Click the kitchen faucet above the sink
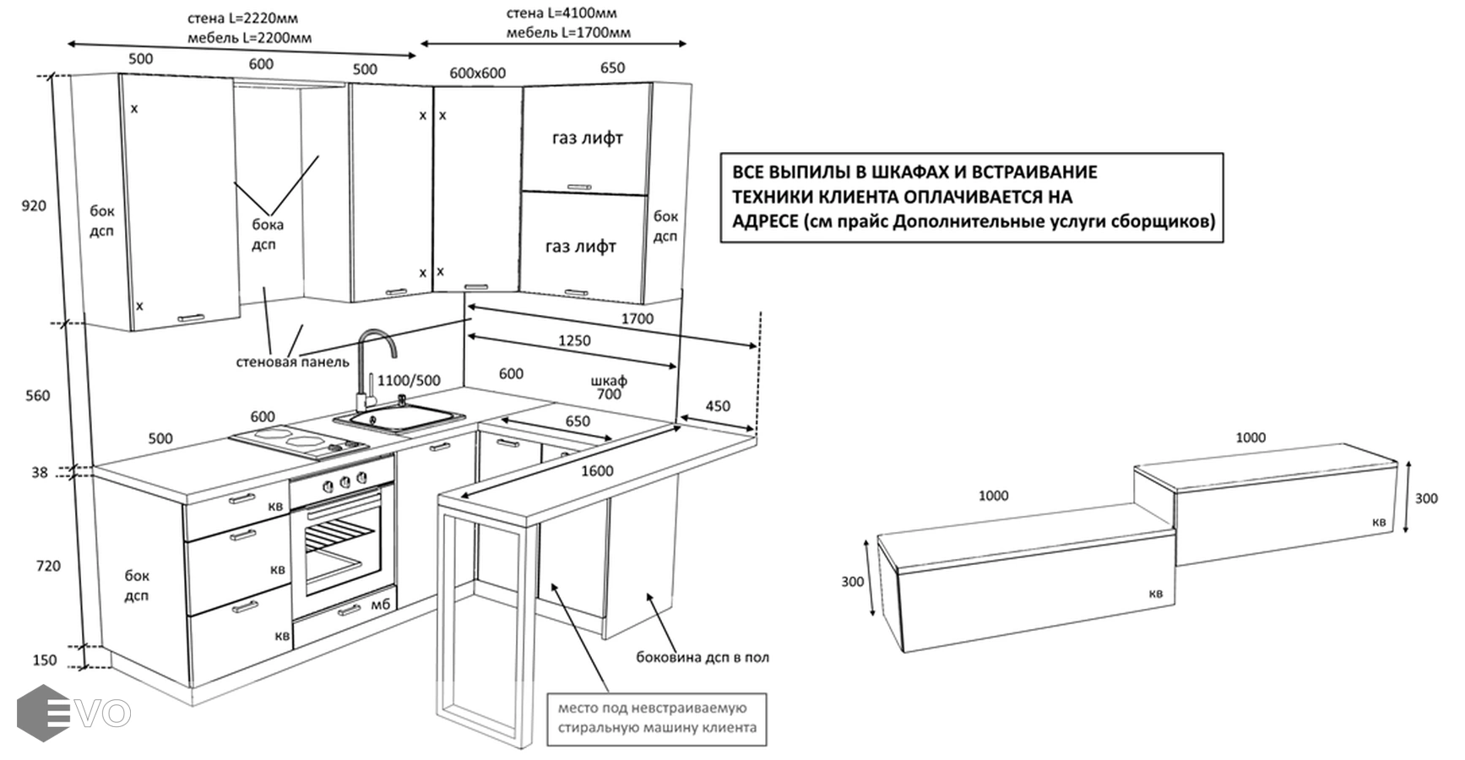pos(372,363)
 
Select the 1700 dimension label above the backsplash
pos(637,318)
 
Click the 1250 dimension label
pos(574,340)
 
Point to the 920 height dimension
pos(34,206)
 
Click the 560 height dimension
pos(37,395)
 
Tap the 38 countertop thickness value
pos(40,473)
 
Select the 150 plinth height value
pos(45,660)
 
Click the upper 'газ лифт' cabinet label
pos(587,138)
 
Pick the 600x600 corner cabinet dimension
pos(477,73)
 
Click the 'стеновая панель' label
pos(292,362)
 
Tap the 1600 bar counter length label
pos(596,470)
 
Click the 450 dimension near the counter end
pos(718,406)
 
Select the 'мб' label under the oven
pos(380,605)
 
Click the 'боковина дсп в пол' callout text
pos(703,657)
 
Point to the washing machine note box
pos(657,718)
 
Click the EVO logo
pos(74,713)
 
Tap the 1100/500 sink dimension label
pos(409,381)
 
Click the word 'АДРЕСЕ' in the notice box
pos(764,221)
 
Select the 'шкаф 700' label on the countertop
pos(609,387)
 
